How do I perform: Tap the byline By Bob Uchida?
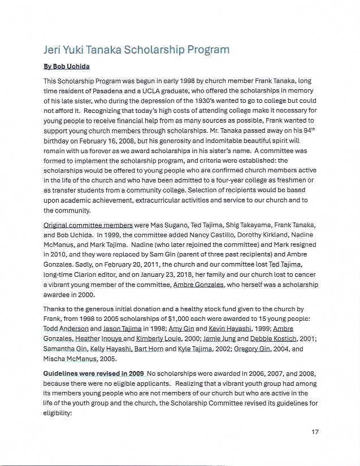coord(67,67)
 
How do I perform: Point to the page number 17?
coord(315,432)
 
